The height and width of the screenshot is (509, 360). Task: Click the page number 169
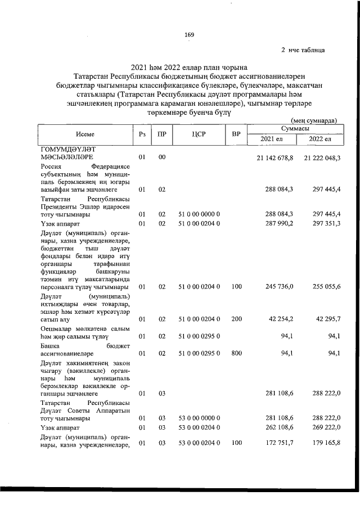(189, 36)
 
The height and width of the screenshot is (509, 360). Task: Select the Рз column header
(142, 134)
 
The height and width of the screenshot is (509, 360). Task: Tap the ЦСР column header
(197, 134)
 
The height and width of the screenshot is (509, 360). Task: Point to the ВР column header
(236, 134)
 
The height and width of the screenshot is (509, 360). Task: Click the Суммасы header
(295, 129)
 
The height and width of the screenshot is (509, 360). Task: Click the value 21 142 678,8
(275, 157)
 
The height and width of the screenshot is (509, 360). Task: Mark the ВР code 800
(236, 353)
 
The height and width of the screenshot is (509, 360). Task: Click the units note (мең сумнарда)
(314, 120)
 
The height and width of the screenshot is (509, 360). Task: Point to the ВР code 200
(236, 319)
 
